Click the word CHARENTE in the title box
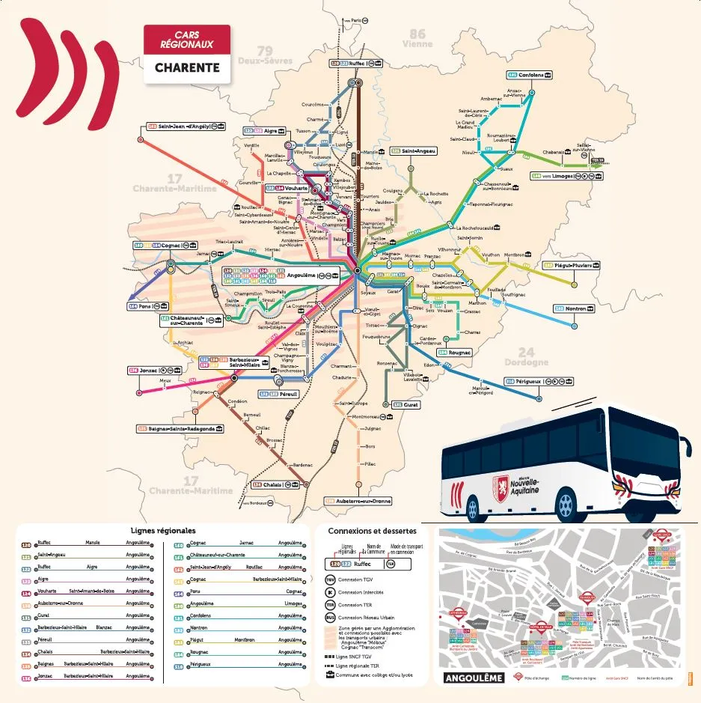click(187, 67)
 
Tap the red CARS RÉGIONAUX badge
click(187, 40)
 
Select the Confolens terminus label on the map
click(530, 75)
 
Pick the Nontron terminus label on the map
click(575, 308)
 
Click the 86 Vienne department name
click(417, 38)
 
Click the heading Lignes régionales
click(162, 530)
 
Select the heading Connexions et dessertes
click(372, 531)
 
